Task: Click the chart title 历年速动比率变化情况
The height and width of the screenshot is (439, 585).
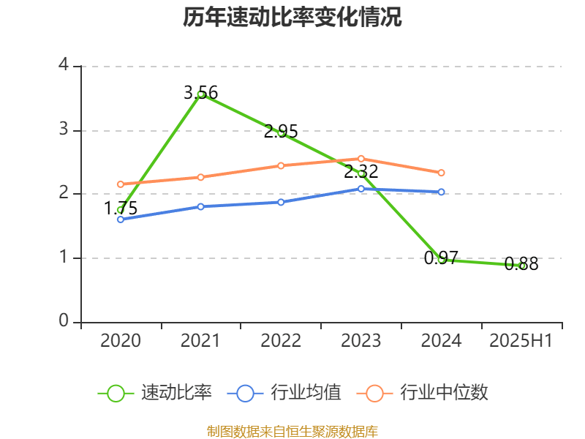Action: tap(292, 18)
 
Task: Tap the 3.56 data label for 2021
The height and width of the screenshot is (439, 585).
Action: tap(200, 93)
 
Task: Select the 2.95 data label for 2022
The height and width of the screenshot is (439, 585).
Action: tap(281, 132)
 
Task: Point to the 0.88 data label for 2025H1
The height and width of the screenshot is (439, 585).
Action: tap(521, 265)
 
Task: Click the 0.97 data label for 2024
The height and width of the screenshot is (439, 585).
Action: tap(441, 258)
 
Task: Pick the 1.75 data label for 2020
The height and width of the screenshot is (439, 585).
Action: tap(121, 209)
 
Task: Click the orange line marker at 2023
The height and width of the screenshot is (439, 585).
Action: tap(361, 159)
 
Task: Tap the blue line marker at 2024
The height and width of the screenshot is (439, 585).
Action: tap(442, 192)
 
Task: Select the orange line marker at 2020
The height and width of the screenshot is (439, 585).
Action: tap(121, 184)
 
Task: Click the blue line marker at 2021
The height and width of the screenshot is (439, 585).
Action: tap(200, 206)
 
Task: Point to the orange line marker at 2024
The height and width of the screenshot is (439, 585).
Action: tap(442, 173)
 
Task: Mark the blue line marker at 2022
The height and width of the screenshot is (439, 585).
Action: tap(281, 202)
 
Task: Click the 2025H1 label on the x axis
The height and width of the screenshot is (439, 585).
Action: tap(521, 341)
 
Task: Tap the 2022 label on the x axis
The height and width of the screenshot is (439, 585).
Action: tap(281, 341)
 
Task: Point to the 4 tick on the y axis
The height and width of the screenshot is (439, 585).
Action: tap(64, 65)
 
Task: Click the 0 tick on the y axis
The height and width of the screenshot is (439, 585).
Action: tap(64, 322)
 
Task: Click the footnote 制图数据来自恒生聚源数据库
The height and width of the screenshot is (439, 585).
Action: tap(292, 431)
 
